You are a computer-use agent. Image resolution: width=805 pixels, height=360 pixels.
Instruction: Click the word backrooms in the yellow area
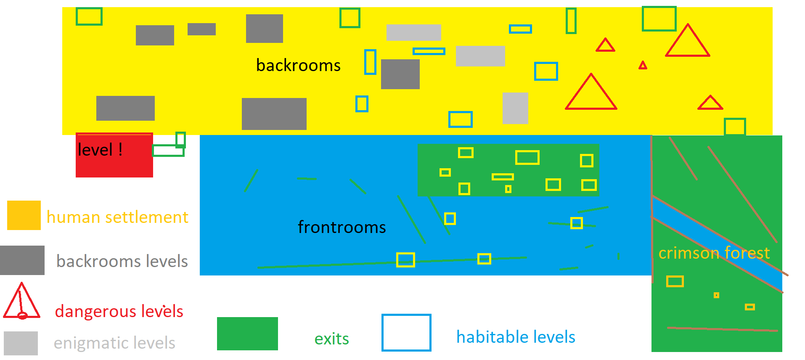pos(298,66)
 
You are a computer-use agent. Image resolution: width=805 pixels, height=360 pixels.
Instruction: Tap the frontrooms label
pos(342,227)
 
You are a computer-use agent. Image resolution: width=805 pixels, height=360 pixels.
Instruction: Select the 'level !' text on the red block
pos(100,150)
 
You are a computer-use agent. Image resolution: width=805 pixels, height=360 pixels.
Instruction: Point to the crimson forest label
pos(714,253)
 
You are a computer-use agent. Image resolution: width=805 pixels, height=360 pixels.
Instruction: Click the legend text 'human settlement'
pos(117,217)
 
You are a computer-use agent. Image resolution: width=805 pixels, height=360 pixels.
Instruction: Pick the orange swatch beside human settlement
pos(24,215)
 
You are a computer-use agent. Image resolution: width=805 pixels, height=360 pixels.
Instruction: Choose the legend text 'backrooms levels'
pos(122,261)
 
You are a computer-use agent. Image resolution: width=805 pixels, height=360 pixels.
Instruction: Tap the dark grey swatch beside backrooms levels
pos(22,260)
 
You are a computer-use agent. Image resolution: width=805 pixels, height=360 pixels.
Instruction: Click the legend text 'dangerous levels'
pos(119,311)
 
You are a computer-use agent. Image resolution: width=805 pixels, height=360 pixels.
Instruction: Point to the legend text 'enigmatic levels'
pos(114,343)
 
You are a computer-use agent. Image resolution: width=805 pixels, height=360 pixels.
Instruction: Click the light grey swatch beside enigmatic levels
pos(21,343)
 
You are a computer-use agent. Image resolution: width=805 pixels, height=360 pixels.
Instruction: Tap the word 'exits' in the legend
pos(331,339)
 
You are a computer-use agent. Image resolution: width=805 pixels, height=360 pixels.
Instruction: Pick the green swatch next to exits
pos(247,334)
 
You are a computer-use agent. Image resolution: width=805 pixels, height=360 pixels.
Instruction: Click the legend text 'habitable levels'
pos(516,337)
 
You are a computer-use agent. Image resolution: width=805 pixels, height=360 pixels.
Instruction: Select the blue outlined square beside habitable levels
pos(406,332)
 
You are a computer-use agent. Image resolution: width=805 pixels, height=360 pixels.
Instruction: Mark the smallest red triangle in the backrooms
pos(643,66)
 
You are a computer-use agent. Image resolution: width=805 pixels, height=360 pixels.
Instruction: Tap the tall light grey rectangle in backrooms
pos(515,108)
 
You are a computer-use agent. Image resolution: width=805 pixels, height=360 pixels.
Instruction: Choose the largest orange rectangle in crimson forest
pos(675,281)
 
